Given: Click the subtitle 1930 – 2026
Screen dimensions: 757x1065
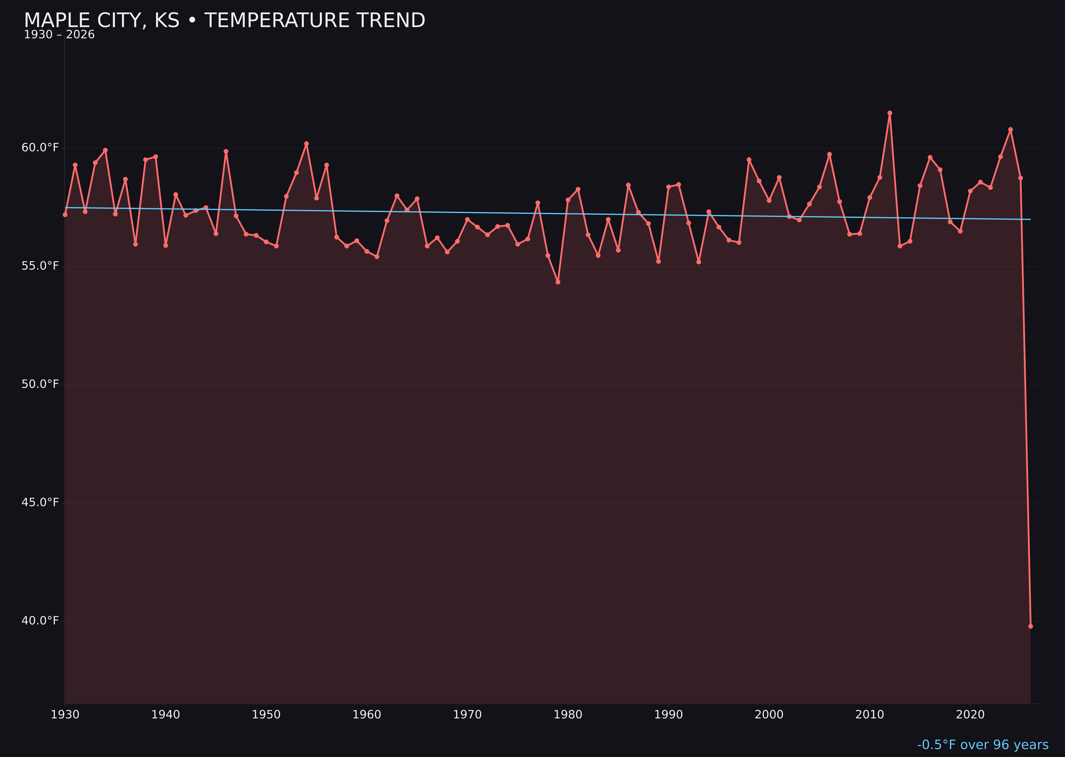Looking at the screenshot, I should point(59,35).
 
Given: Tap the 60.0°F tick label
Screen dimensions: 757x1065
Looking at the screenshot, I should point(40,148).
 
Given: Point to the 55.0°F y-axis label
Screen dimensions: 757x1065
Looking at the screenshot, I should point(40,266).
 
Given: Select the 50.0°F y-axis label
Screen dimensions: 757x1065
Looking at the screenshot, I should point(40,385).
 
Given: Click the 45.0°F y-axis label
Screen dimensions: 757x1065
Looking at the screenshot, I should point(40,503).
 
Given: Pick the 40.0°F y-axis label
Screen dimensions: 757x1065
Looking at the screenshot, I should point(40,621).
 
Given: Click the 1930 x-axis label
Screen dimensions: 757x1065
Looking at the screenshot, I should point(65,715).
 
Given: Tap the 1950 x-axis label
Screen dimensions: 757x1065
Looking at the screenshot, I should point(266,715).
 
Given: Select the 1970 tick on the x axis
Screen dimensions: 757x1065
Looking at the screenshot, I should point(467,715).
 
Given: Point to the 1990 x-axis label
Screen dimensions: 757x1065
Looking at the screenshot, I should point(668,715).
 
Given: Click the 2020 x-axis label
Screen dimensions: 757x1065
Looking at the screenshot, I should point(970,715).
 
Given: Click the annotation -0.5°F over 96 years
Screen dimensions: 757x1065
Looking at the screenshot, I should point(982,745).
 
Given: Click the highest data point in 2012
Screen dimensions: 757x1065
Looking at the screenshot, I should point(890,113).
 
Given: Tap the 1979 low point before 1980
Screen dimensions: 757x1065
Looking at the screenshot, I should point(558,282).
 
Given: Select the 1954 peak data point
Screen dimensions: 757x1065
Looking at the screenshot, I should point(306,143).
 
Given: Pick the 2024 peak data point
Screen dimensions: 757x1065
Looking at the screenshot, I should point(1010,130).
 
